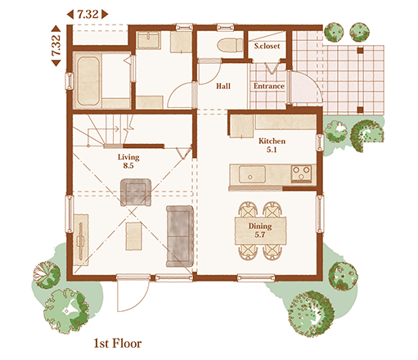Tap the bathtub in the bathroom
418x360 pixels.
click(88, 81)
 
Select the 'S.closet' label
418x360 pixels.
click(267, 46)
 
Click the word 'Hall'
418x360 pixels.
click(223, 86)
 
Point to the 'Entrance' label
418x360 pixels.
click(269, 86)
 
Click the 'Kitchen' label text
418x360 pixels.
click(272, 141)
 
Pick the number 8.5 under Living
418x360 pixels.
click(128, 165)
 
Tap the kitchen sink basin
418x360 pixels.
click(252, 174)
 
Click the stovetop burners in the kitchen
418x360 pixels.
click(301, 173)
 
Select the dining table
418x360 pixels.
click(260, 231)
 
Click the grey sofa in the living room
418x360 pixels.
click(180, 236)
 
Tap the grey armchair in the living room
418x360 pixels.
click(136, 192)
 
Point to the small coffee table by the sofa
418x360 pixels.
click(133, 236)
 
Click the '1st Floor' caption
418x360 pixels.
click(118, 343)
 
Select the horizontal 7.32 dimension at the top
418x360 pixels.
click(88, 14)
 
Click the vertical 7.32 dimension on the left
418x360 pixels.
click(56, 46)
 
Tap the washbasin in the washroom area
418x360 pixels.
click(148, 40)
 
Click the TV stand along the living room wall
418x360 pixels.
click(81, 240)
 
